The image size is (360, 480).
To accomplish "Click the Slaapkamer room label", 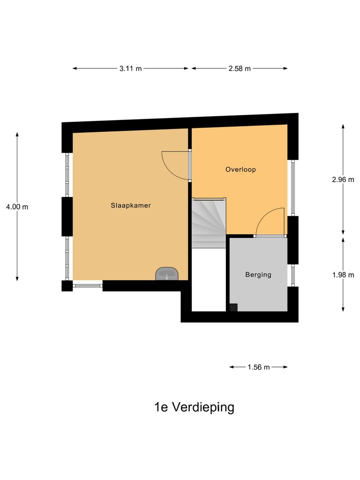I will [131, 205].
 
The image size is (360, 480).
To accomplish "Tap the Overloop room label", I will [240, 170].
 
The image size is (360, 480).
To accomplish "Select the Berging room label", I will [258, 275].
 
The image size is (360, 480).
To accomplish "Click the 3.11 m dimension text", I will [130, 68].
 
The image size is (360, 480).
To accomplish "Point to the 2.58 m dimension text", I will [240, 68].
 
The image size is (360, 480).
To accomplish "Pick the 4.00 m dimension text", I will [17, 207].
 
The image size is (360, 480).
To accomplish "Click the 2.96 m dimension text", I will [343, 179].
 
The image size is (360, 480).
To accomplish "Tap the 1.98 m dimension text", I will [343, 275].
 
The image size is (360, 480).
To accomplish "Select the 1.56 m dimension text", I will [259, 367].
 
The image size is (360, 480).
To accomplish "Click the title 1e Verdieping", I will [194, 407].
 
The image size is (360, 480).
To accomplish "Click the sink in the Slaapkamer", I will [167, 274].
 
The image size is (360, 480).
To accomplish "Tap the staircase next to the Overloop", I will [209, 222].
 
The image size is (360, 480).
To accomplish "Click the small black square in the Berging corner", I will [233, 307].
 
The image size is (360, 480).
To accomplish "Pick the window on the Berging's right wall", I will [292, 275].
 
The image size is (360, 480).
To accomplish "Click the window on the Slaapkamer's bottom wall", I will [88, 285].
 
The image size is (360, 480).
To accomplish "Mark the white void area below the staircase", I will [210, 279].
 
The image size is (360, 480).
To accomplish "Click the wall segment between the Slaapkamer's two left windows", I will [67, 216].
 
